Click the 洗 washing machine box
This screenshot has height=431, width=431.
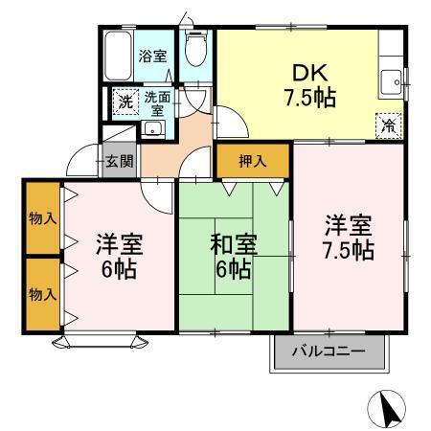[x=125, y=102]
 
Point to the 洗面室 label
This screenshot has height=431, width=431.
[x=157, y=102]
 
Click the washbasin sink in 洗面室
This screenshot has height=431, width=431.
[x=159, y=130]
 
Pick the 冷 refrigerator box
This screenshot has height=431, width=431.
[x=387, y=125]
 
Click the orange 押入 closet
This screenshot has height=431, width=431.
[x=253, y=159]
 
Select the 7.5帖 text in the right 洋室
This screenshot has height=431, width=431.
[x=347, y=251]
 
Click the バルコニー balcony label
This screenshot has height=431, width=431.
[x=329, y=352]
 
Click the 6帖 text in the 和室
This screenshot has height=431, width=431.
[x=232, y=269]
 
